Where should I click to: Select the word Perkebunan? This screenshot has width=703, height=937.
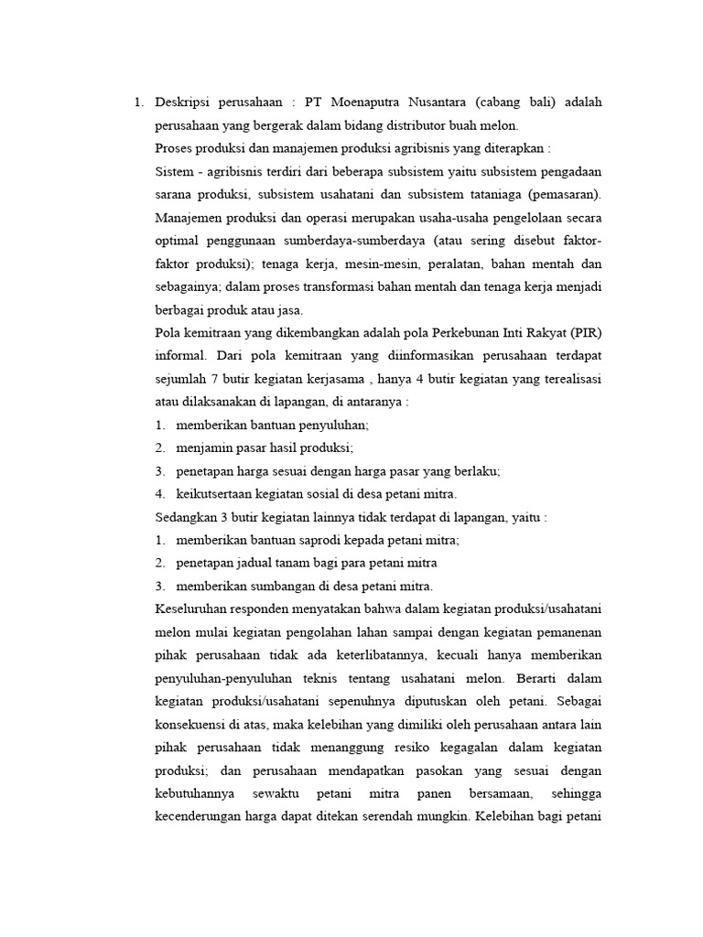click(x=457, y=332)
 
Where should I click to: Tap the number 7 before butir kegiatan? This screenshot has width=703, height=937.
click(x=216, y=379)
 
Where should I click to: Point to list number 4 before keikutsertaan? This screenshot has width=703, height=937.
click(x=160, y=494)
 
